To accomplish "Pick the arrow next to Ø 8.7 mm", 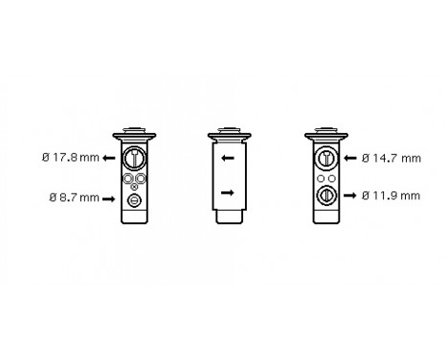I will (112, 198).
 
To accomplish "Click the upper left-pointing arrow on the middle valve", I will (227, 158).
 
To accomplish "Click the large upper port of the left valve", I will (135, 159).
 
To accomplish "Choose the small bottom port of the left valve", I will (135, 199).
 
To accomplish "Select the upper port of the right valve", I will (324, 159).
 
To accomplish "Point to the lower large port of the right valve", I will (324, 195).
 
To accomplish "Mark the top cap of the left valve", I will (135, 131).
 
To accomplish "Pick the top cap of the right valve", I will (324, 131).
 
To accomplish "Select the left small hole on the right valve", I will (320, 177).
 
